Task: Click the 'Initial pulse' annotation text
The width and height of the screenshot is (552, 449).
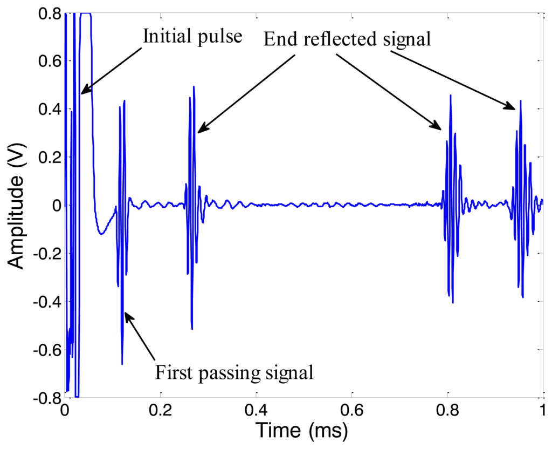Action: [192, 37]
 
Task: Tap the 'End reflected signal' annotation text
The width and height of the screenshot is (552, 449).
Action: [347, 38]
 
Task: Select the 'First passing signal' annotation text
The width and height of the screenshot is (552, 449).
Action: [234, 372]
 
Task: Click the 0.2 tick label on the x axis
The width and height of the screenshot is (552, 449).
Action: [160, 410]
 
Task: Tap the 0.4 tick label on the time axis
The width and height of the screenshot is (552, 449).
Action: [256, 410]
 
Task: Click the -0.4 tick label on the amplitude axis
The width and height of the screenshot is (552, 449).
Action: [45, 302]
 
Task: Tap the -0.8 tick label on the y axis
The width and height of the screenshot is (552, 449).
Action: [45, 398]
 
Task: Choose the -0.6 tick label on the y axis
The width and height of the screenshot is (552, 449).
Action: [45, 350]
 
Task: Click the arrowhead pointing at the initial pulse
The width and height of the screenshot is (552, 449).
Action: [83, 92]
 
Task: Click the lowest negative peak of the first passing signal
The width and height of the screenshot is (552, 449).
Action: [122, 364]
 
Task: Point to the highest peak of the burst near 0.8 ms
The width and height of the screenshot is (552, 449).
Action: [450, 96]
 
